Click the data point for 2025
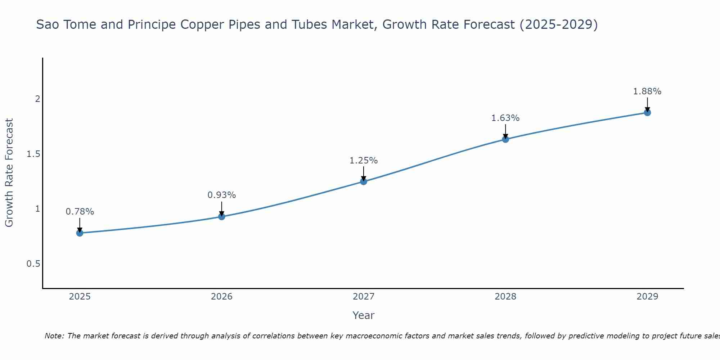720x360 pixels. pyautogui.click(x=80, y=233)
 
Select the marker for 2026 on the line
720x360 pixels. pyautogui.click(x=222, y=216)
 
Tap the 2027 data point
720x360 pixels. pyautogui.click(x=364, y=181)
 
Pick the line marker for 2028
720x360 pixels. pyautogui.click(x=505, y=139)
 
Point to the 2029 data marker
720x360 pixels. pyautogui.click(x=647, y=113)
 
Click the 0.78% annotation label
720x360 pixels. pyautogui.click(x=80, y=212)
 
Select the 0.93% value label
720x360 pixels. pyautogui.click(x=222, y=195)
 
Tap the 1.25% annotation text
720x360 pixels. pyautogui.click(x=364, y=161)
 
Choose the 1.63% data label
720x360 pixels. pyautogui.click(x=505, y=118)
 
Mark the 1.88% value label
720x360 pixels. pyautogui.click(x=647, y=91)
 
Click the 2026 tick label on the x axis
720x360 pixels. pyautogui.click(x=222, y=297)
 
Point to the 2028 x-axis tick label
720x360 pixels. pyautogui.click(x=505, y=297)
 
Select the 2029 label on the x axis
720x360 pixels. pyautogui.click(x=647, y=297)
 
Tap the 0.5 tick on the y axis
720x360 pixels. pyautogui.click(x=33, y=264)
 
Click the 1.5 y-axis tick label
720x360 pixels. pyautogui.click(x=33, y=154)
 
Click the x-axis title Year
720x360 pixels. pyautogui.click(x=364, y=315)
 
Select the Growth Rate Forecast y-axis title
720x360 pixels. pyautogui.click(x=9, y=173)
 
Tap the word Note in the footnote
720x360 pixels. pyautogui.click(x=54, y=336)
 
